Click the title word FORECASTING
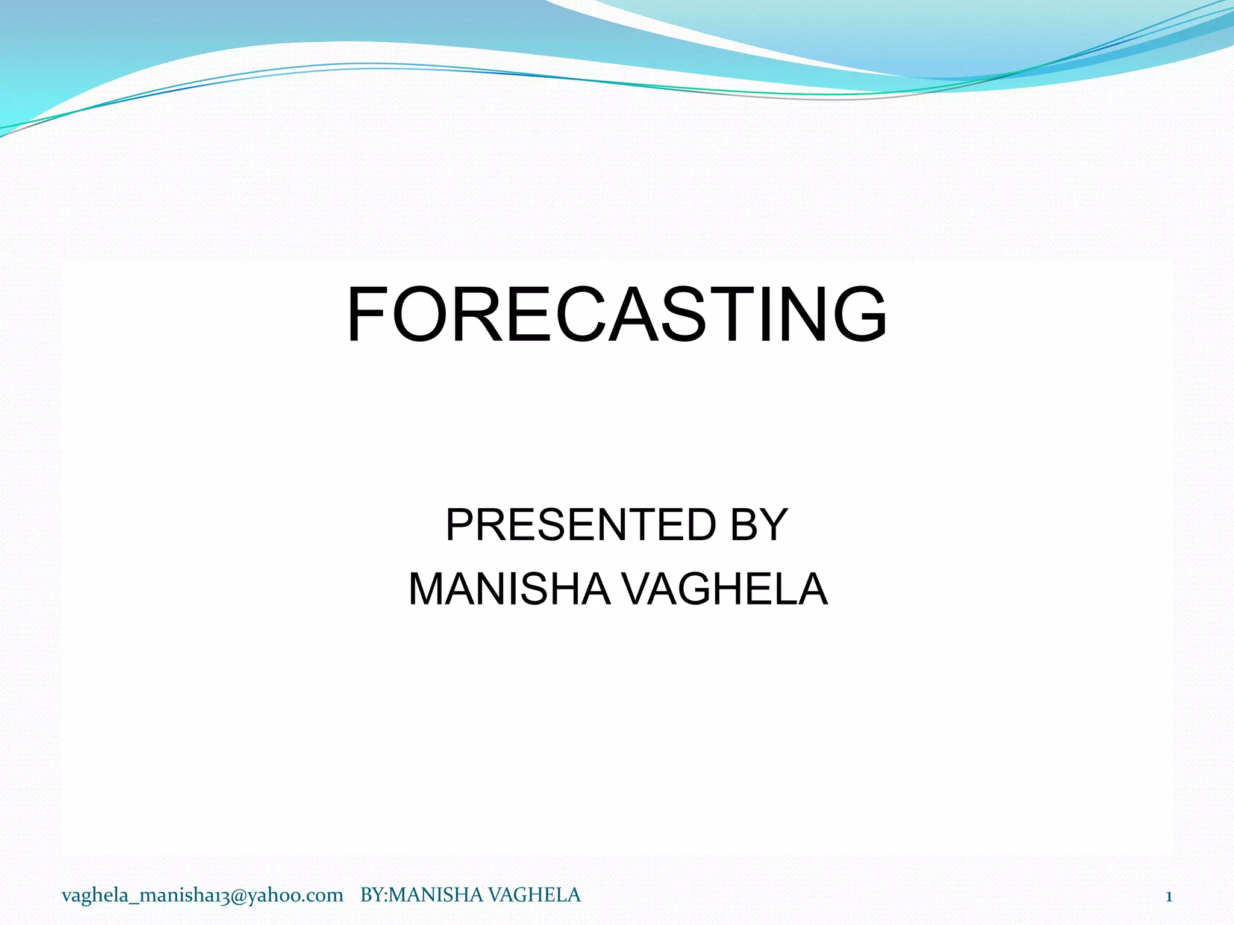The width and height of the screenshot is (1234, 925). (x=616, y=314)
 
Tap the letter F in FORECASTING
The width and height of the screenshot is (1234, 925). (x=368, y=314)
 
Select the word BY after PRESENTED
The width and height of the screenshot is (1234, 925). (x=759, y=525)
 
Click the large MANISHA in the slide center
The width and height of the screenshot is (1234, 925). (x=509, y=589)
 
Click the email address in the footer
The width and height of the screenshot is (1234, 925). (x=202, y=895)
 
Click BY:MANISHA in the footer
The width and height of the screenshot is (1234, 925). (x=421, y=895)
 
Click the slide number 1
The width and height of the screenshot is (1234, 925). (x=1168, y=897)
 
